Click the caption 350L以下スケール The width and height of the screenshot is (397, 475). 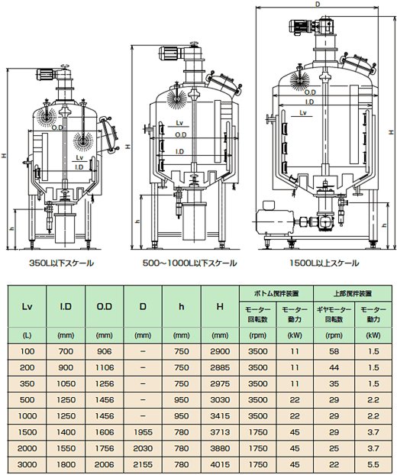[62, 263]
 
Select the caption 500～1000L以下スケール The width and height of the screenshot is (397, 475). [189, 263]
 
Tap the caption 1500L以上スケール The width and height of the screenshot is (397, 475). [324, 263]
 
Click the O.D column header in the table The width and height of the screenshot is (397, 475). [104, 306]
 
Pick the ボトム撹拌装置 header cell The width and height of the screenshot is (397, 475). [276, 293]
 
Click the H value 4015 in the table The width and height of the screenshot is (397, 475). [220, 464]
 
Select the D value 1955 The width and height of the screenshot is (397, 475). [143, 432]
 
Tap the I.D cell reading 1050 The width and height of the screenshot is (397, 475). [66, 383]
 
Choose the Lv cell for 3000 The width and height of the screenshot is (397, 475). [27, 464]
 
